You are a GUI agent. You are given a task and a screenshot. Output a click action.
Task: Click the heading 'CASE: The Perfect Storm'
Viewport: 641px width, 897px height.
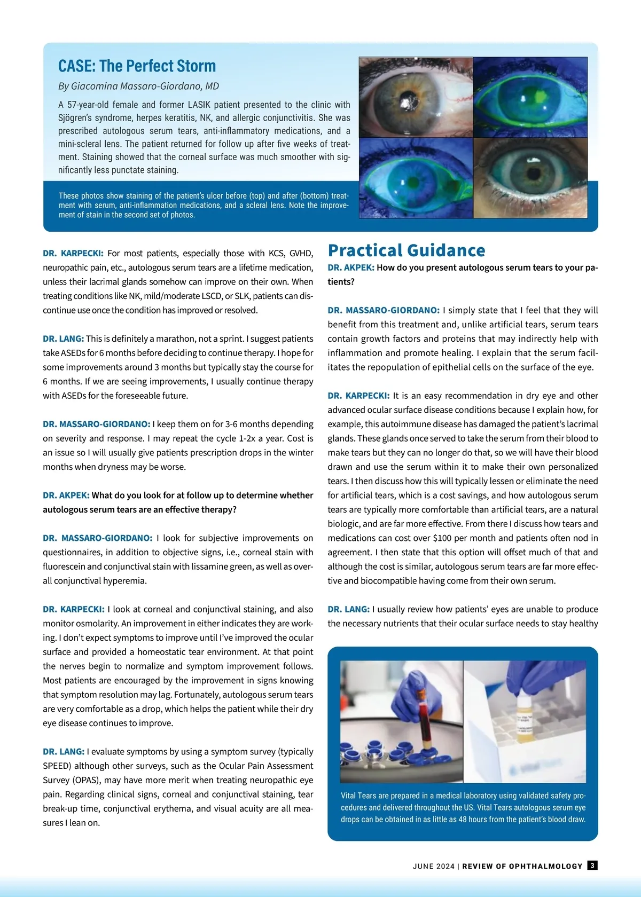pos(137,66)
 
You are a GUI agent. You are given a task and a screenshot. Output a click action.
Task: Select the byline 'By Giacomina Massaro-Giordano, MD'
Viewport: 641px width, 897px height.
pos(138,86)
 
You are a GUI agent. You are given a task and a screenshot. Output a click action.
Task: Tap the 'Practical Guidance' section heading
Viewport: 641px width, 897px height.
pos(407,250)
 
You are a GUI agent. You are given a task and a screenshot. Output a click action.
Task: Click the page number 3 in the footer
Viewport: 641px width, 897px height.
pos(592,865)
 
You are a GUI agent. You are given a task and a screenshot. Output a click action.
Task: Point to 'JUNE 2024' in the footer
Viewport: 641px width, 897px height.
pos(433,866)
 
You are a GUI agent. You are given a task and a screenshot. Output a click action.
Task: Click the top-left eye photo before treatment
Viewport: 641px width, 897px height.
pos(416,97)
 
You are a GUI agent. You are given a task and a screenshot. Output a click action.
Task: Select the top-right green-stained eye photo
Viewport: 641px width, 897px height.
pos(530,97)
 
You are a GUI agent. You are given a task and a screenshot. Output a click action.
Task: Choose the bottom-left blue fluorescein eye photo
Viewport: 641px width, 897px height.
pos(416,178)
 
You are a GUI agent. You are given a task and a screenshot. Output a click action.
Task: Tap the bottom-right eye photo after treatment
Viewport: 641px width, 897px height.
pos(530,178)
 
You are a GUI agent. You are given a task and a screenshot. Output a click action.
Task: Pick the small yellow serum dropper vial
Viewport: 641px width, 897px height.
pos(521,718)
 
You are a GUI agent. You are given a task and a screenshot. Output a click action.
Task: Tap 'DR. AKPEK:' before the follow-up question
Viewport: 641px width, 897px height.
pos(66,495)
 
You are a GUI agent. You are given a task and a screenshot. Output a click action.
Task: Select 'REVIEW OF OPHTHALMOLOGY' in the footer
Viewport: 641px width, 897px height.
pos(522,866)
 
